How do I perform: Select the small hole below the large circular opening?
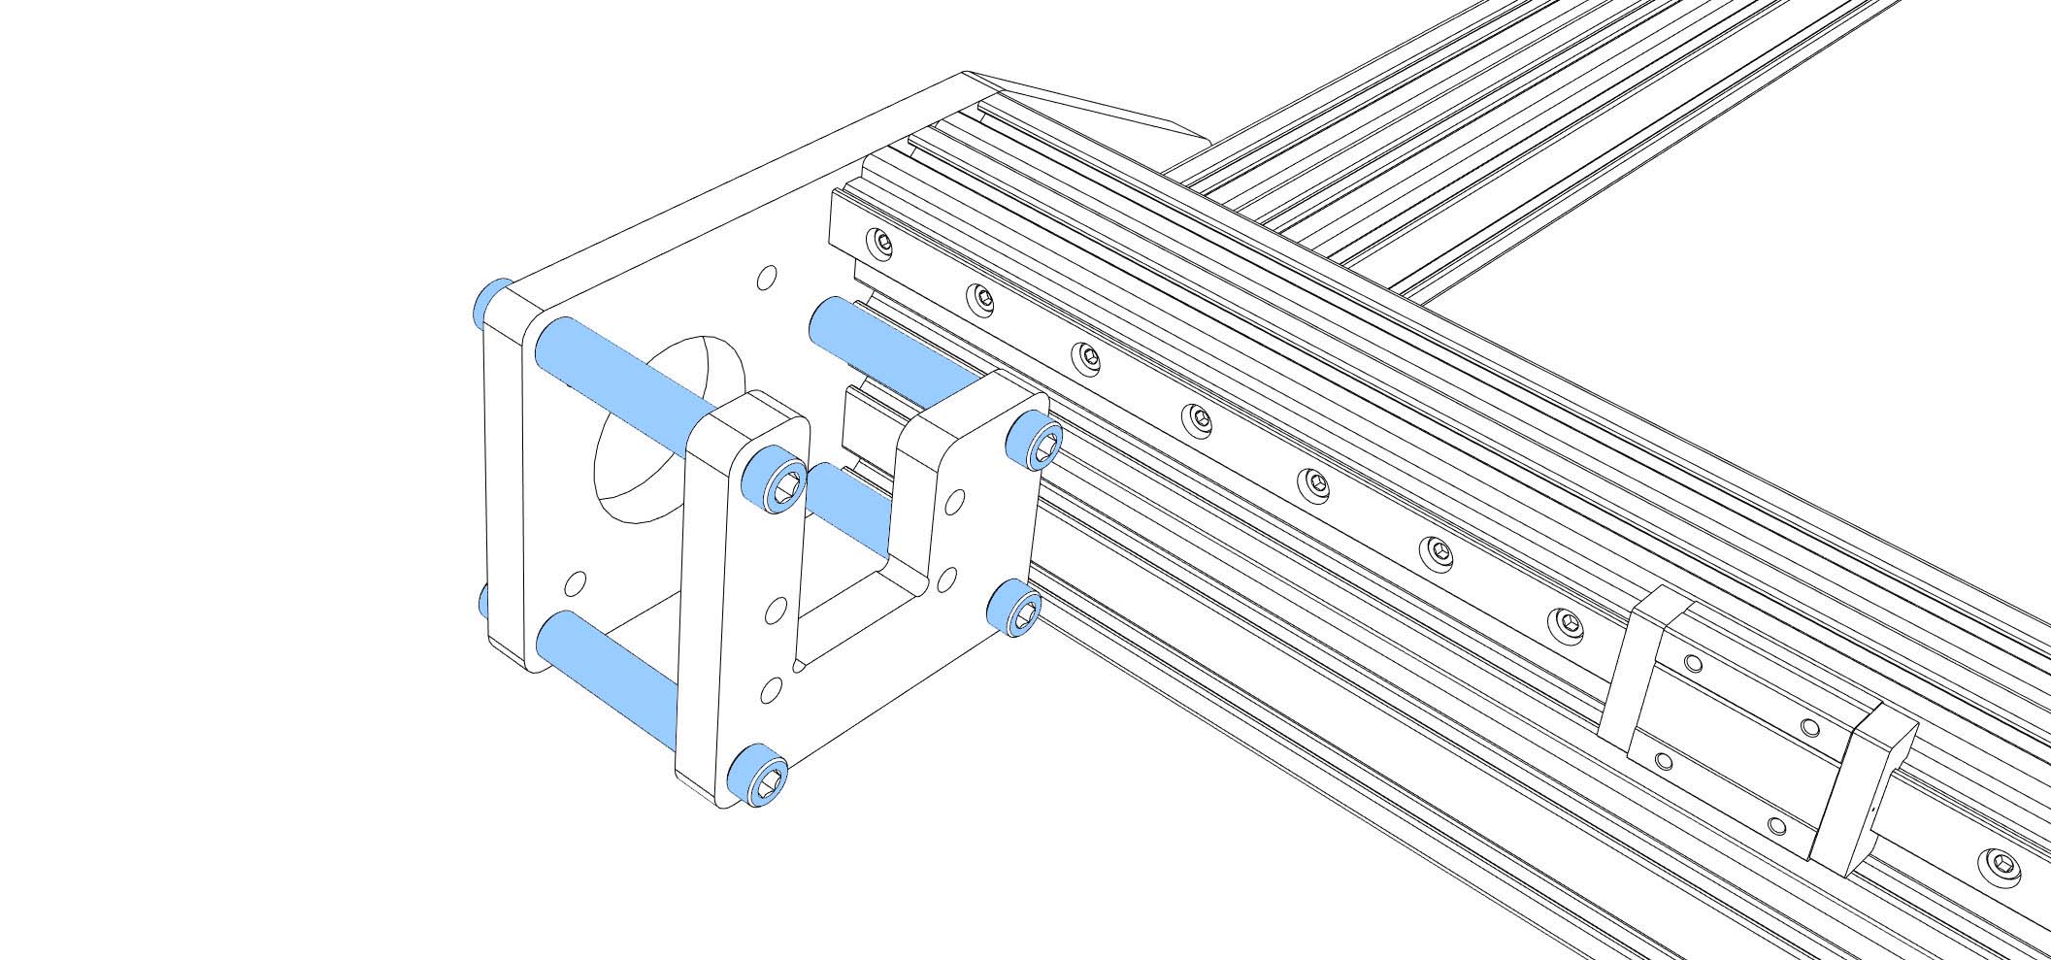pyautogui.click(x=576, y=583)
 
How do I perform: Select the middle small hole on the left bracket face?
pyautogui.click(x=775, y=611)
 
